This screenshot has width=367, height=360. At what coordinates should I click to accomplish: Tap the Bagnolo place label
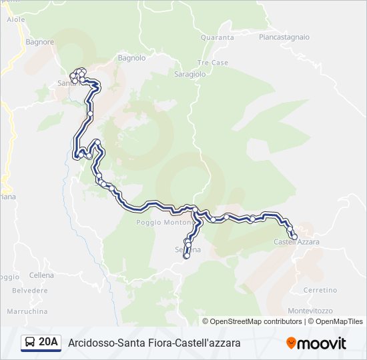click(131, 58)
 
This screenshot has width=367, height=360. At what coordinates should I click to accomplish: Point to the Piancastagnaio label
click(284, 37)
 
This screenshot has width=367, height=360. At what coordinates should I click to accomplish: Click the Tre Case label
click(212, 63)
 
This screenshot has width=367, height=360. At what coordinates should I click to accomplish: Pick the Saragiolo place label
click(190, 75)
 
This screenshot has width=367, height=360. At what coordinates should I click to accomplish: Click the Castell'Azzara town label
click(297, 241)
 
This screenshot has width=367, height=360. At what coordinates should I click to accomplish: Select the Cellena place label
click(41, 275)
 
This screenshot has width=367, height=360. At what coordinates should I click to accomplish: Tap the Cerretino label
click(320, 290)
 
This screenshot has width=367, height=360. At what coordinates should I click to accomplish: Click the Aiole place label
click(15, 20)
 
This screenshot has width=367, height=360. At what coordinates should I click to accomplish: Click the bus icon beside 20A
click(30, 343)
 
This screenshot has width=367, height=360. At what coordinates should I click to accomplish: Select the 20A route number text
click(49, 343)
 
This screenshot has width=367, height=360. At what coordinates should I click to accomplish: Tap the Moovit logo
click(316, 343)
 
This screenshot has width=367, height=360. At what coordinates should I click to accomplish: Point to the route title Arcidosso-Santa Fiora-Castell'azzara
click(154, 343)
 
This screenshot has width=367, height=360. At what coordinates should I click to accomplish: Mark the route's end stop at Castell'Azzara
click(294, 236)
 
